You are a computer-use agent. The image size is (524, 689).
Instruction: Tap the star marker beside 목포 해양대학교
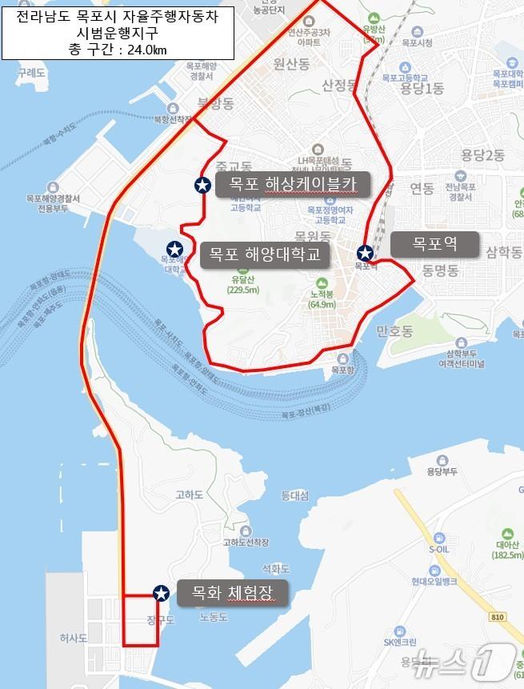tap(174, 249)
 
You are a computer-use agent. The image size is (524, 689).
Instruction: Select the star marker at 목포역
tap(366, 253)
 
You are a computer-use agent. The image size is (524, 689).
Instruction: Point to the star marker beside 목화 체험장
tap(161, 593)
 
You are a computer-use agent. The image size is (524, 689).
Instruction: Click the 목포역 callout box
tap(434, 244)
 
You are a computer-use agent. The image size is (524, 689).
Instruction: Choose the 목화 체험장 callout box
tap(231, 593)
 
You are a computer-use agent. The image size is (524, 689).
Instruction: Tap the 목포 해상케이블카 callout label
tap(292, 185)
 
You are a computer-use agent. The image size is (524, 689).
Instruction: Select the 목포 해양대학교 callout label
tap(265, 254)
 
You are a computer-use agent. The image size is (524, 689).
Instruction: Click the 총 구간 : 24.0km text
tap(118, 50)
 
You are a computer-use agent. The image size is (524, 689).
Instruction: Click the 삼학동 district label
tap(502, 252)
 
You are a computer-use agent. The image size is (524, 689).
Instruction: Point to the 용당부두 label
tap(441, 471)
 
